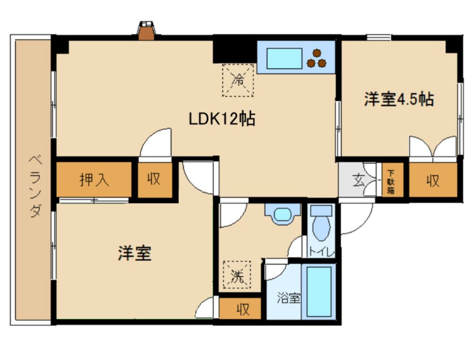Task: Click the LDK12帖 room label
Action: point(222,119)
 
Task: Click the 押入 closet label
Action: point(95,180)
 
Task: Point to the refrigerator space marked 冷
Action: point(238,80)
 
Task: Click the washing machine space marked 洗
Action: point(237,274)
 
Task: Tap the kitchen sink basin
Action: point(284,58)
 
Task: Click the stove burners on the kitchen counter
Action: point(316,59)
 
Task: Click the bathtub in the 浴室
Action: point(319,291)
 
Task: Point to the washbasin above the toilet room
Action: point(283,214)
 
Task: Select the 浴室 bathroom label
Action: point(289,298)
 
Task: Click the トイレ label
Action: point(321,252)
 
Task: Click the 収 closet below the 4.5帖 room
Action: point(433,180)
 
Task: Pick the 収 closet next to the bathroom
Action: point(240,308)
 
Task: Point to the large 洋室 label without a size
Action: point(134,253)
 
